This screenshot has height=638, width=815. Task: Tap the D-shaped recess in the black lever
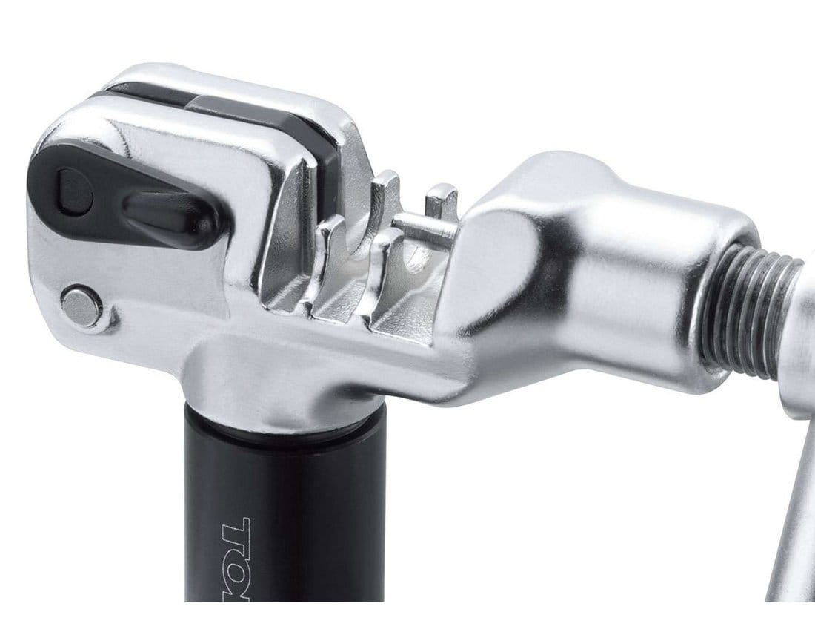tap(74, 191)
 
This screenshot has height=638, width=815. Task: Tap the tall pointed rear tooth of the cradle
tap(385, 200)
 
